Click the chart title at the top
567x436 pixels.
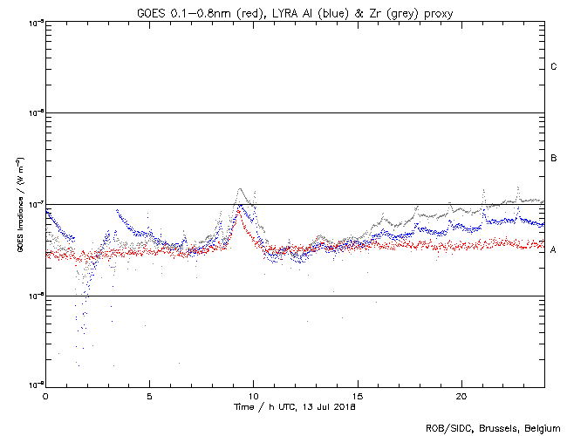(294, 11)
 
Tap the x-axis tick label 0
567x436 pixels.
(45, 395)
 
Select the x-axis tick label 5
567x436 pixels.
(149, 395)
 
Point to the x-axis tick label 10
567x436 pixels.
(253, 395)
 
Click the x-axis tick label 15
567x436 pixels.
(357, 395)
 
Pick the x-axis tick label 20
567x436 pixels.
(461, 395)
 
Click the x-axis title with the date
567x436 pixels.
(294, 406)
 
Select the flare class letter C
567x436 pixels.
(554, 67)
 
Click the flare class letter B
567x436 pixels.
(554, 159)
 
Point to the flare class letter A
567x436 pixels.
(554, 250)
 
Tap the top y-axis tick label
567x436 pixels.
(35, 22)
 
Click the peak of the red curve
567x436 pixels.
(237, 209)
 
